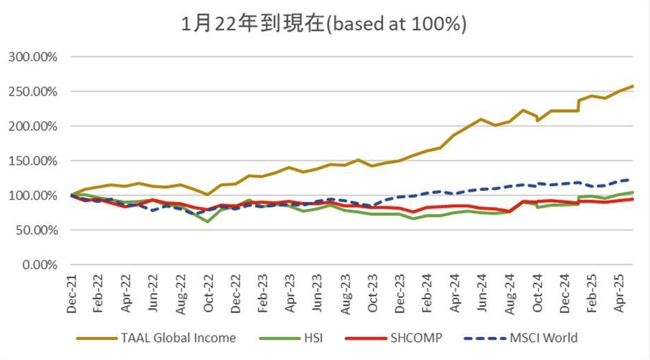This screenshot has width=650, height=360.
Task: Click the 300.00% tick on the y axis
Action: point(32,57)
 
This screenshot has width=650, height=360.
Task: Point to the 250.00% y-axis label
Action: point(32,92)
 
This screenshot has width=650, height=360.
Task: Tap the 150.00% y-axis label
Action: point(32,161)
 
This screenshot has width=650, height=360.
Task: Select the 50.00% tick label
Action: point(35,230)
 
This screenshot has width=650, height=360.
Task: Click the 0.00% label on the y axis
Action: point(38,265)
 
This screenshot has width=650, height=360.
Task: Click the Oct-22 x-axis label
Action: point(207,293)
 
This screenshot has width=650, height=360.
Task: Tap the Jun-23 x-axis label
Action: point(317,293)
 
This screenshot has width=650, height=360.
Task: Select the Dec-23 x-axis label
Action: point(399,293)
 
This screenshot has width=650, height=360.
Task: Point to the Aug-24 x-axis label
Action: point(509,293)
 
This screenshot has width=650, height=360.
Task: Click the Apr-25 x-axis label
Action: point(619,293)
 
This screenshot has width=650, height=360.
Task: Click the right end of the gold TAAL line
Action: point(633,87)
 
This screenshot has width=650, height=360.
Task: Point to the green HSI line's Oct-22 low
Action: point(207,222)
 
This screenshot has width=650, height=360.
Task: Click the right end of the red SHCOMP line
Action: point(633,199)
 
